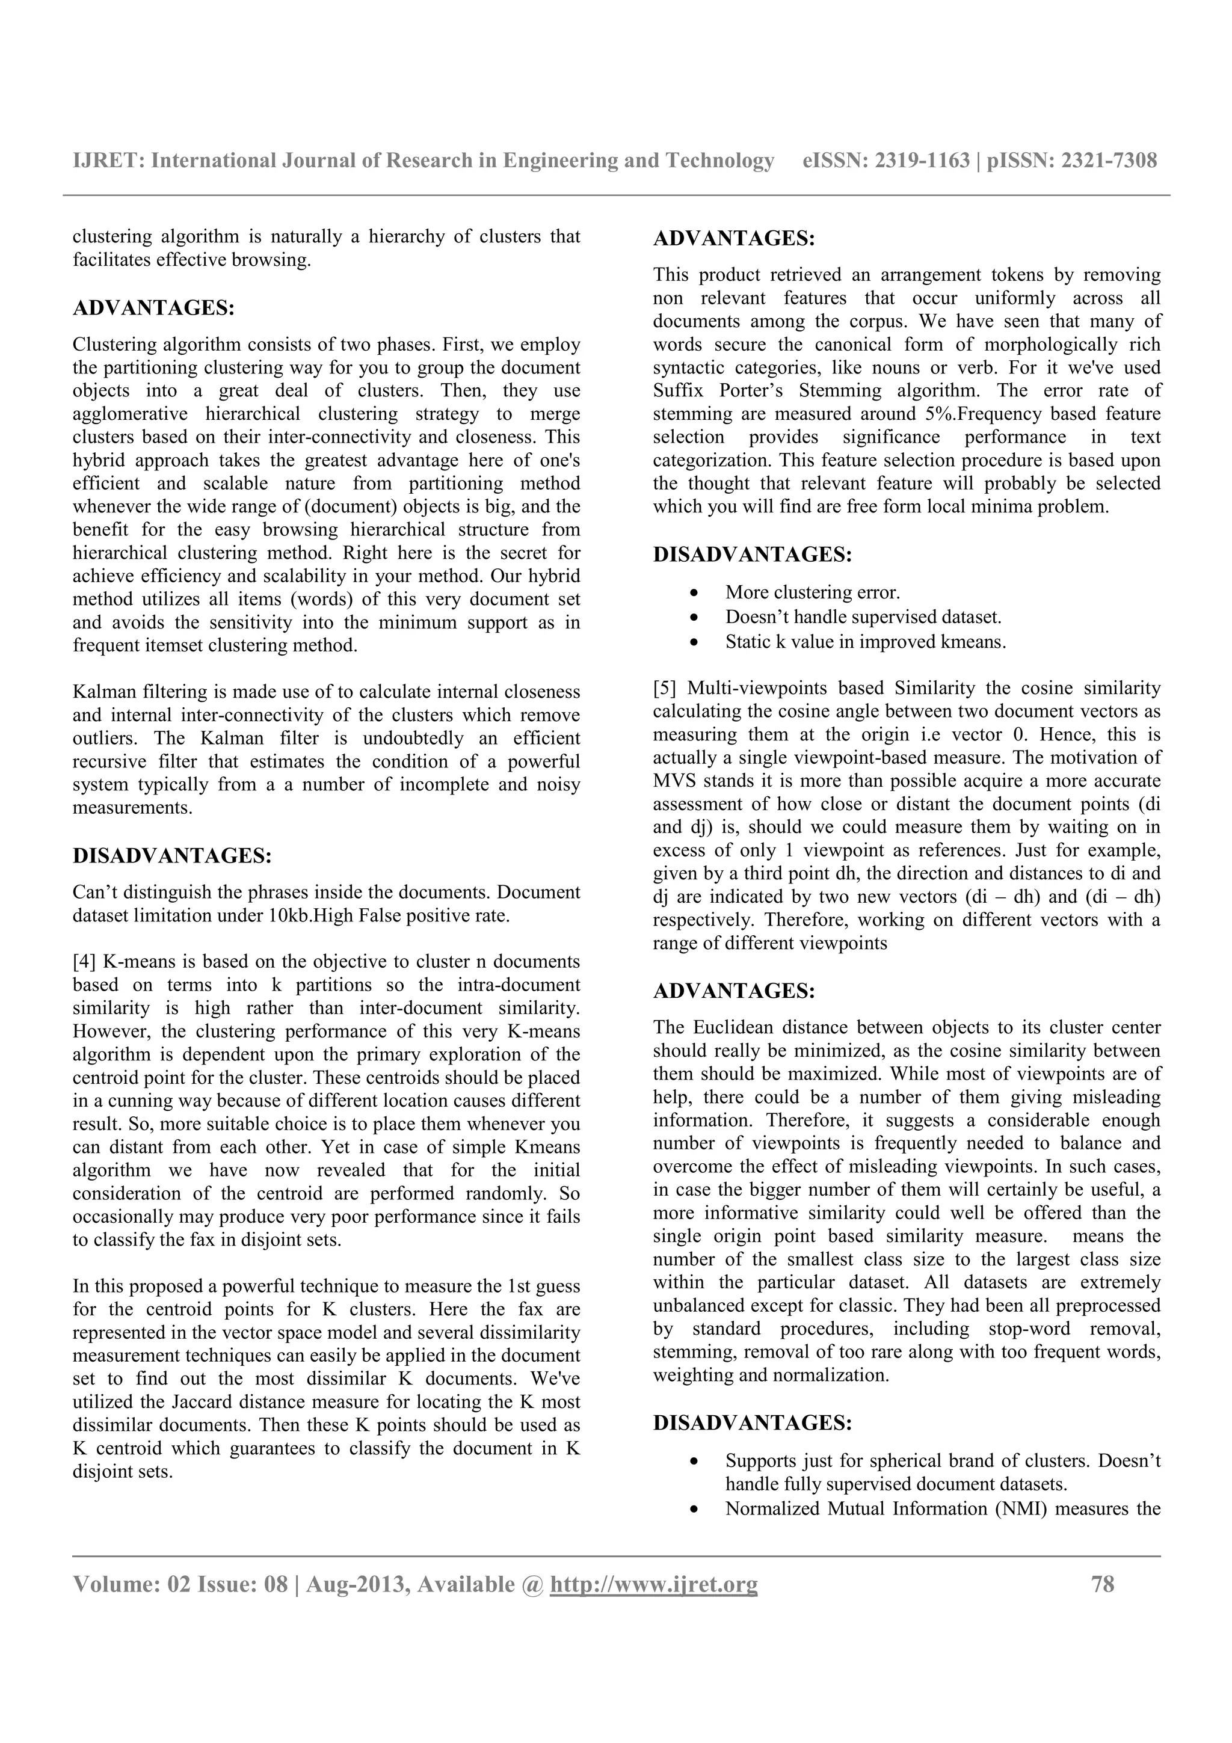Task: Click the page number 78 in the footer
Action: tap(1102, 1584)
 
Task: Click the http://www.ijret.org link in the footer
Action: tap(653, 1584)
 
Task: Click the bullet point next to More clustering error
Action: tap(694, 593)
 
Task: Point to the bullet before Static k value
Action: tap(694, 642)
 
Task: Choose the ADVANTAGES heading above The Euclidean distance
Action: tap(734, 991)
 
